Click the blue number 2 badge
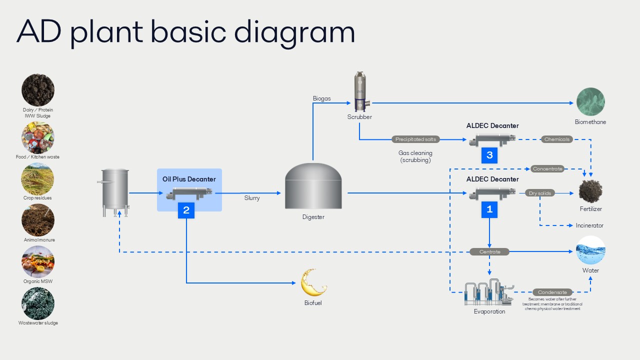point(186,210)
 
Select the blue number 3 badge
point(489,155)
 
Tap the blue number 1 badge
point(489,209)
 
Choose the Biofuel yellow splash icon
point(313,282)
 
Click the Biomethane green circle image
point(590,102)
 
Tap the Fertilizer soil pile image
point(590,191)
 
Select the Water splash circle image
point(590,250)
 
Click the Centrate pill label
point(489,251)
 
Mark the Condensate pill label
point(552,292)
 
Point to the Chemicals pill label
point(557,139)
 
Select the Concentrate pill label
point(547,169)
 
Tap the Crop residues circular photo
point(38,178)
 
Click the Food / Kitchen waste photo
point(38,137)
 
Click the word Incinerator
point(589,225)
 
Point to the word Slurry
point(252,198)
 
